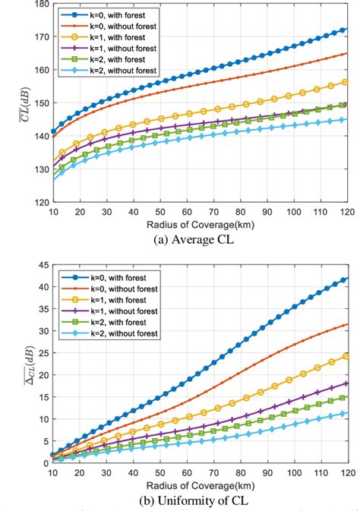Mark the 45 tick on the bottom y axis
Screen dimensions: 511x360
coord(43,265)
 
